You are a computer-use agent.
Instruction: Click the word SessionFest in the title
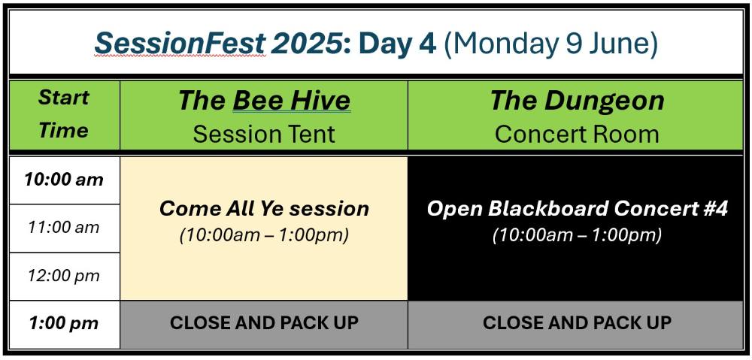180,44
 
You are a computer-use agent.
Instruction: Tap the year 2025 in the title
308,44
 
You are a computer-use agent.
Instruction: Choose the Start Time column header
64,113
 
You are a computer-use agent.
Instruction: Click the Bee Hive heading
264,101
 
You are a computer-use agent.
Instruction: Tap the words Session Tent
264,134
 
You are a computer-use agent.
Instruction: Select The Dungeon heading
577,101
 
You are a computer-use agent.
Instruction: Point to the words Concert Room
577,134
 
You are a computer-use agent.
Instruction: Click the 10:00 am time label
64,180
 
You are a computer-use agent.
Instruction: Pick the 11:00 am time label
64,227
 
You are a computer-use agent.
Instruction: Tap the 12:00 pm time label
64,276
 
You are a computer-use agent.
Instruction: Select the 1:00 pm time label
64,323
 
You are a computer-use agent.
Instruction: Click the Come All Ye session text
264,208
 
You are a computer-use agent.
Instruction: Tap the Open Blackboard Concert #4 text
578,208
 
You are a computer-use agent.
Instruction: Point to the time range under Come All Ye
264,235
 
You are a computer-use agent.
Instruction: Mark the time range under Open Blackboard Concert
578,235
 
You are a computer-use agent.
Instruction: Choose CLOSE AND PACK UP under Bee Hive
264,322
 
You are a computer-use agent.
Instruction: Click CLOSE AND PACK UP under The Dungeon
577,322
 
